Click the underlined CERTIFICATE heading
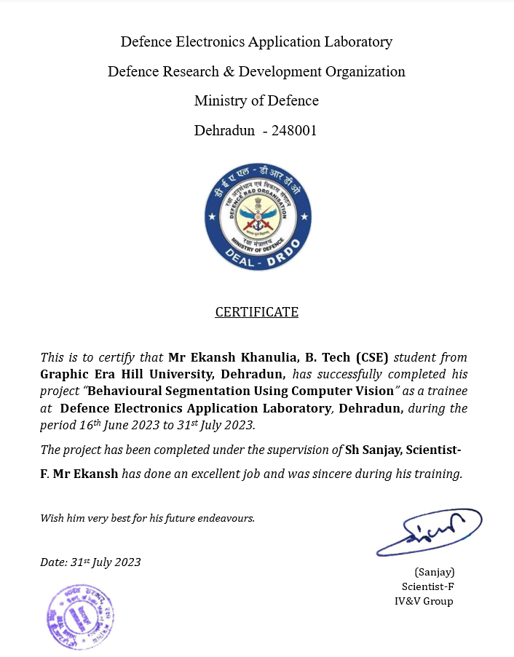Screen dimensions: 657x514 pos(256,312)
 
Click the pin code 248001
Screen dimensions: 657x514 pos(294,132)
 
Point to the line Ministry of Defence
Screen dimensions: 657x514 pos(256,101)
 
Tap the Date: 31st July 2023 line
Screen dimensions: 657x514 pos(90,562)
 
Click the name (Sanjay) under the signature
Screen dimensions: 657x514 pos(434,572)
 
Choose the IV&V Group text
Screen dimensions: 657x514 pos(424,601)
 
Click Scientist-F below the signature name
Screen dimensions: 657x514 pos(428,586)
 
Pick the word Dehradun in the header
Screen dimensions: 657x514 pos(224,132)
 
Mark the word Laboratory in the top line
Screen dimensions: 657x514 pos(355,41)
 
